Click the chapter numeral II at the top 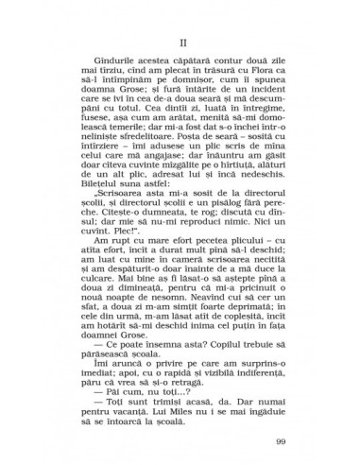(x=180, y=42)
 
